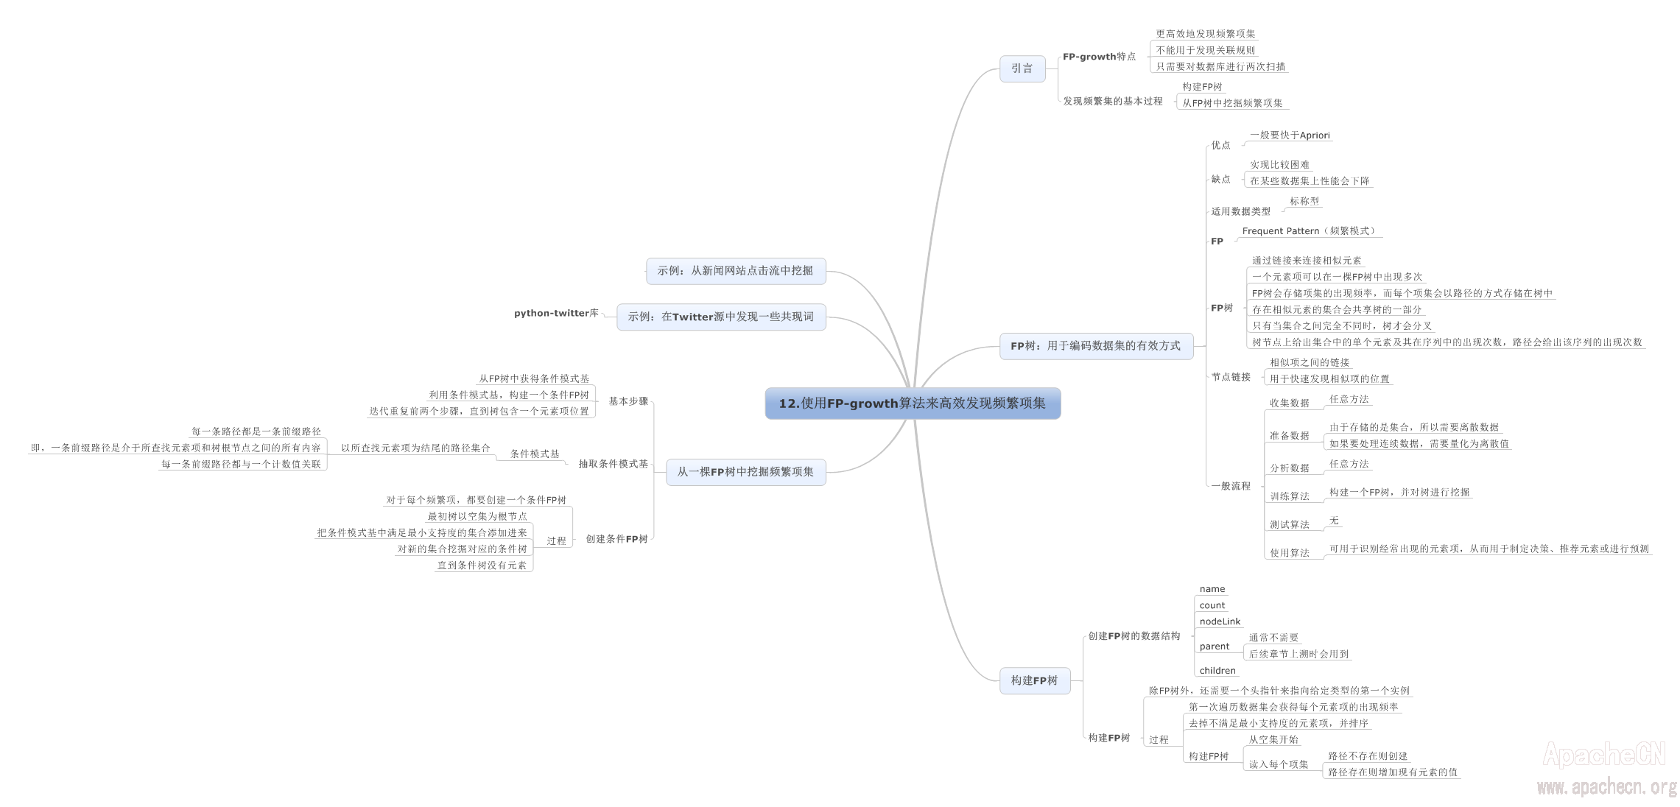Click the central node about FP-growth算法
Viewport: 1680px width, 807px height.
[x=912, y=403]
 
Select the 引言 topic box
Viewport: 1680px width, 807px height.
[x=1022, y=68]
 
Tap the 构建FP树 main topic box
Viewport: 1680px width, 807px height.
[x=1034, y=680]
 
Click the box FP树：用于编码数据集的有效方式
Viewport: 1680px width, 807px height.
[x=1095, y=345]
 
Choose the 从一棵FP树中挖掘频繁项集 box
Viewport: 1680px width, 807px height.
[x=745, y=471]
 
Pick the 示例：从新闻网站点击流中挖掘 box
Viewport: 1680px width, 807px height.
[x=735, y=270]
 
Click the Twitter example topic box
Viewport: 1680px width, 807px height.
[x=720, y=317]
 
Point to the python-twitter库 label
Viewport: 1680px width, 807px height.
[x=556, y=313]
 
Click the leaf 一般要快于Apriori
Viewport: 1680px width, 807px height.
[x=1290, y=135]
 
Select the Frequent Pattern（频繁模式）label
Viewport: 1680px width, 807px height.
[x=1309, y=231]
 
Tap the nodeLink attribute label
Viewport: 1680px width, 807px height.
[x=1220, y=621]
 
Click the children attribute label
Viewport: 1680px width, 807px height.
[x=1217, y=671]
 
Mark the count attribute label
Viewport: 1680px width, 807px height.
[x=1212, y=605]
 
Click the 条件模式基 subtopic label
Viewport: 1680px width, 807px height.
[x=535, y=454]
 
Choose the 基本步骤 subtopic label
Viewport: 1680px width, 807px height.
[x=628, y=401]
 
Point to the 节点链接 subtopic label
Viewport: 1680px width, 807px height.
[x=1231, y=377]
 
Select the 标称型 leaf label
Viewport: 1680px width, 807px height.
[x=1304, y=201]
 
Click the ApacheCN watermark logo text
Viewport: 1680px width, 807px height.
[x=1603, y=755]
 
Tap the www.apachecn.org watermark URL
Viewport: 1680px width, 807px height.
[x=1606, y=787]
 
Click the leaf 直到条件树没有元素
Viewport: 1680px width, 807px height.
[x=482, y=565]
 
